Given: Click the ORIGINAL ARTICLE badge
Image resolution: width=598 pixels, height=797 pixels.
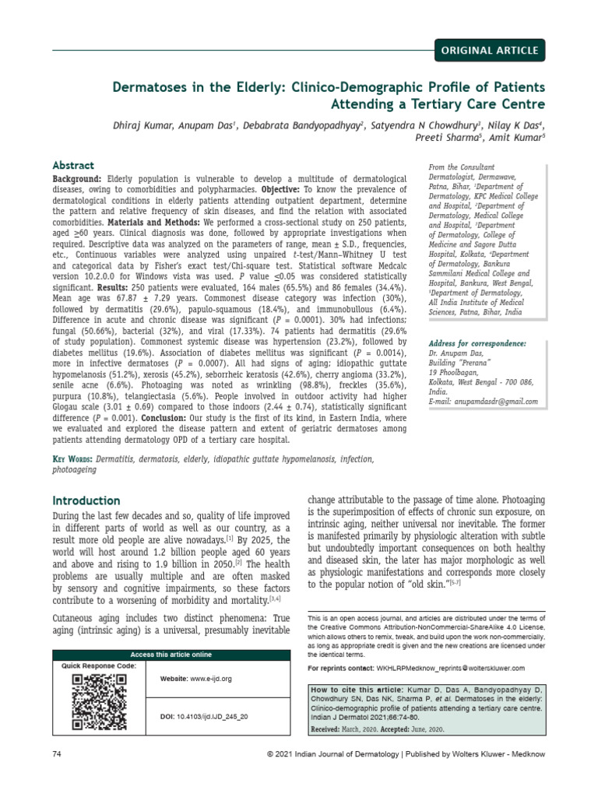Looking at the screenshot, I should coord(488,51).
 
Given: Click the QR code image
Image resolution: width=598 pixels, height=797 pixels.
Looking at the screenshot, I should coord(100,701).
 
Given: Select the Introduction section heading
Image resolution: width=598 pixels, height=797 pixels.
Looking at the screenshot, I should coord(86,500).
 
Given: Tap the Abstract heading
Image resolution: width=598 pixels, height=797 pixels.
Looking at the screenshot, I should coord(73,166).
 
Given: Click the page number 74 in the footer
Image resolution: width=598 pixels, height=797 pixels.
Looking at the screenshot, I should coord(57,755).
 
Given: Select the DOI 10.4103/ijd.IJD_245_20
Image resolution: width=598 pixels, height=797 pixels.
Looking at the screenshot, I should coord(204,715).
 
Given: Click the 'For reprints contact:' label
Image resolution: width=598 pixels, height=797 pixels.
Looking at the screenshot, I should coord(340,668).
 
